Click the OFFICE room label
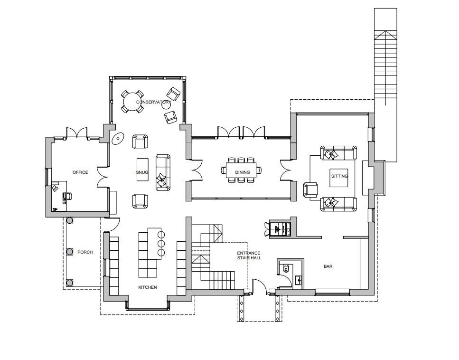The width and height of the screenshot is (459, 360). point(80,172)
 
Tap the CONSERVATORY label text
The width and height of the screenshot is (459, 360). point(154,102)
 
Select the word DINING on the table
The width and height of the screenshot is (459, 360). point(243,172)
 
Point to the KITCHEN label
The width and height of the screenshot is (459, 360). point(148,287)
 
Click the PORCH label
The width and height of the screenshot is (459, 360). point(85,252)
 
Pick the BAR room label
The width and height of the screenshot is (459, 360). point(328,266)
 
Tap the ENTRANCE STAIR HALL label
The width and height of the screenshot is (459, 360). point(249,256)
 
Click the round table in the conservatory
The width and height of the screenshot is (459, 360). point(132,102)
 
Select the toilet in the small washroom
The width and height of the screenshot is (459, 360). point(286,268)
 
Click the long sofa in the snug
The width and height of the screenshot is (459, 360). point(163,173)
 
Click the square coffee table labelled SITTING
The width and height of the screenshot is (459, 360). point(339,178)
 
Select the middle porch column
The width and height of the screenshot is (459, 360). point(70,252)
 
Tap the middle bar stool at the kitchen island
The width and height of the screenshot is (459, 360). point(161,244)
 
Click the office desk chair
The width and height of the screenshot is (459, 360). point(67,196)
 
